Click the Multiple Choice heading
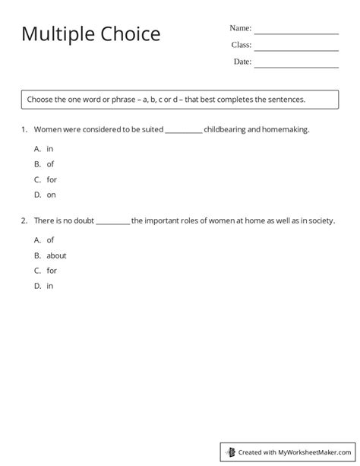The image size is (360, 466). point(90,35)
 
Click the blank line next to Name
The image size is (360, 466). point(295,33)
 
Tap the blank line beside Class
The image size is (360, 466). point(295,50)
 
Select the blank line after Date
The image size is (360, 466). point(295,67)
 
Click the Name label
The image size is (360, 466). point(240,28)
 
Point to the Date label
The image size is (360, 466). point(242,62)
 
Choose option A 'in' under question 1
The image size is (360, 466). point(49,149)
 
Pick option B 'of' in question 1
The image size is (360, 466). point(50,164)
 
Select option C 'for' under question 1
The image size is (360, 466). point(52,179)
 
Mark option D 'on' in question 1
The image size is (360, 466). point(51,195)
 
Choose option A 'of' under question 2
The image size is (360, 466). point(50,240)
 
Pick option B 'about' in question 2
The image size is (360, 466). point(56,255)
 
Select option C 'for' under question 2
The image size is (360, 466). point(52,271)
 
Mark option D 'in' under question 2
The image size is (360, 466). point(49,286)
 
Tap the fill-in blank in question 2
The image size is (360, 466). point(113,222)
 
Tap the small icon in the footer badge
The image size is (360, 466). point(230,452)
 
